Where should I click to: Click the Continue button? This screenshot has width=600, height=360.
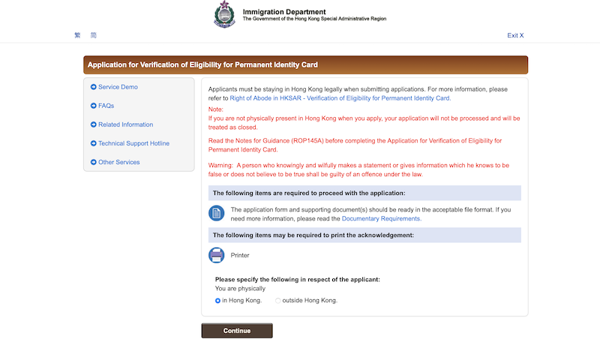237,331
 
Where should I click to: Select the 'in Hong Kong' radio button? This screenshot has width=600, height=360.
217,300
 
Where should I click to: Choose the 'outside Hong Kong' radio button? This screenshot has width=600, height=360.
278,300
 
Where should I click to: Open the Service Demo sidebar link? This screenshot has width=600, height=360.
118,87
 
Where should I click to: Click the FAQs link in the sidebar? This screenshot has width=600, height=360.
106,106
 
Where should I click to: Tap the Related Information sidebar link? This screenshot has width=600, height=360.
125,124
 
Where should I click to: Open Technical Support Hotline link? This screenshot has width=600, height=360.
133,143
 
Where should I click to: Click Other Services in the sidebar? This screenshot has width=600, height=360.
118,162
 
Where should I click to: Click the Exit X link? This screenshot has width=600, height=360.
515,35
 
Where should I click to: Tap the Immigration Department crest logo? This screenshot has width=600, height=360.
224,15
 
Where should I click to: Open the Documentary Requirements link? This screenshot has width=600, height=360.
381,219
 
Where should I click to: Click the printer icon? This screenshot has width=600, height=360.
217,255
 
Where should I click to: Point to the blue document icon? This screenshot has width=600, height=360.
217,214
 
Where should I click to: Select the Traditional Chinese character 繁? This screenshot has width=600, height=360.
77,35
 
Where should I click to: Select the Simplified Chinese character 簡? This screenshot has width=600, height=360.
94,35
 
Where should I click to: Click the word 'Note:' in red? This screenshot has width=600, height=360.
215,109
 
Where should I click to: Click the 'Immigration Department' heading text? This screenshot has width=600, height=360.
284,11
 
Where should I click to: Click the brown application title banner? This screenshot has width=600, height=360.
305,64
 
